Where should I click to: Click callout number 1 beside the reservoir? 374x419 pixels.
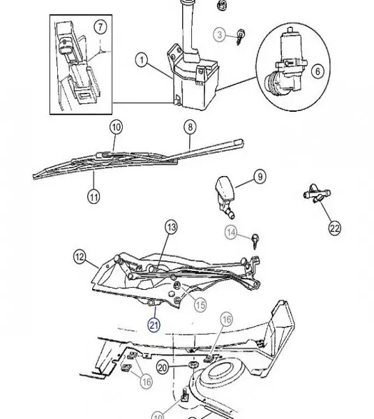142,61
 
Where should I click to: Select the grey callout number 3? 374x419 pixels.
219,34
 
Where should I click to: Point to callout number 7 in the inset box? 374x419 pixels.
100,28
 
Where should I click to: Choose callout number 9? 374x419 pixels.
260,178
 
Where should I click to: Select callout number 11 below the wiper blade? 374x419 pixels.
93,196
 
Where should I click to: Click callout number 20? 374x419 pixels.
162,367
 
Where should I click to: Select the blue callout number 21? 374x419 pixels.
154,324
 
